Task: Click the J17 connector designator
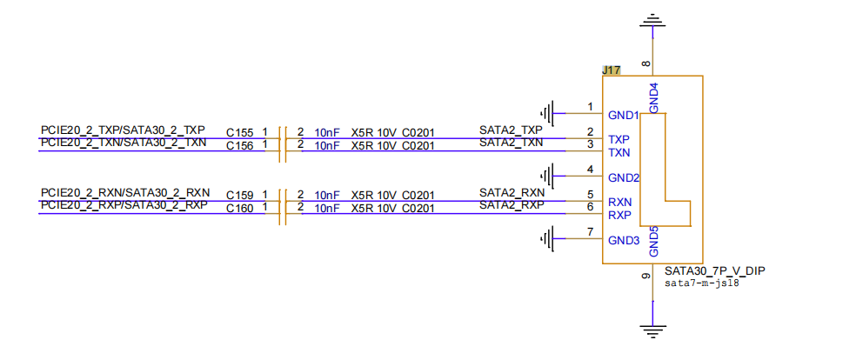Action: [611, 70]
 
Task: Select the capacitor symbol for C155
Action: [282, 138]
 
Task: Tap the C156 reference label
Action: [239, 145]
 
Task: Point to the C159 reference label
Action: [239, 196]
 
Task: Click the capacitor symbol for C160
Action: [282, 213]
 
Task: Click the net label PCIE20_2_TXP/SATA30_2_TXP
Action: [123, 130]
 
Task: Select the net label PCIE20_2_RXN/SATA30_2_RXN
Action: [125, 192]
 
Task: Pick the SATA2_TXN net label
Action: [511, 143]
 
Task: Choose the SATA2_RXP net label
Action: [512, 205]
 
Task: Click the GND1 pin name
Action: [624, 116]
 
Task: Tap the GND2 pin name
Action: [625, 177]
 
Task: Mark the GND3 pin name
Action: [624, 240]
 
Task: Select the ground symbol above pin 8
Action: [653, 22]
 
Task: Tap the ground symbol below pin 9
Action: [653, 330]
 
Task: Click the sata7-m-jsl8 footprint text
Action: [701, 283]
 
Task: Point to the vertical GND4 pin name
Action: [654, 97]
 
